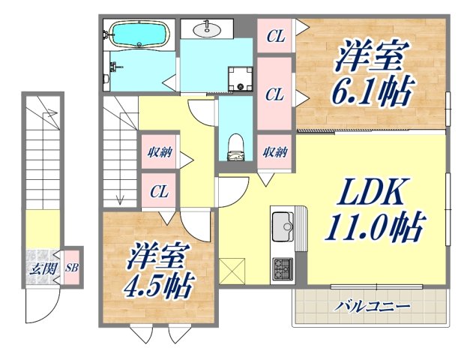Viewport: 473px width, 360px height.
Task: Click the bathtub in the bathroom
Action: pos(138,34)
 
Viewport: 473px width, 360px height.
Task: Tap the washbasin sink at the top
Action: pos(206,30)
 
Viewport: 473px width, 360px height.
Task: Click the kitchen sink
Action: pos(283,223)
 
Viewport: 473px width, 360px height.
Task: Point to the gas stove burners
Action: pos(283,266)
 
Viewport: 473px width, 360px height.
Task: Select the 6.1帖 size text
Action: pos(373,91)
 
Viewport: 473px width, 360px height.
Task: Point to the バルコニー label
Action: pos(372,307)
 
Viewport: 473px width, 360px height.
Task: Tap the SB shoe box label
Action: pos(71,267)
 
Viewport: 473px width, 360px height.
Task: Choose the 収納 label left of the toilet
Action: pos(159,154)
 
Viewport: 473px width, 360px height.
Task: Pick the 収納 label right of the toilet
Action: pos(275,152)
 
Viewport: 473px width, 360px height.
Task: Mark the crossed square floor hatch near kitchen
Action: pos(233,268)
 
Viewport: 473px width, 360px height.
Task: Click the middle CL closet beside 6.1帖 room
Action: pos(275,94)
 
